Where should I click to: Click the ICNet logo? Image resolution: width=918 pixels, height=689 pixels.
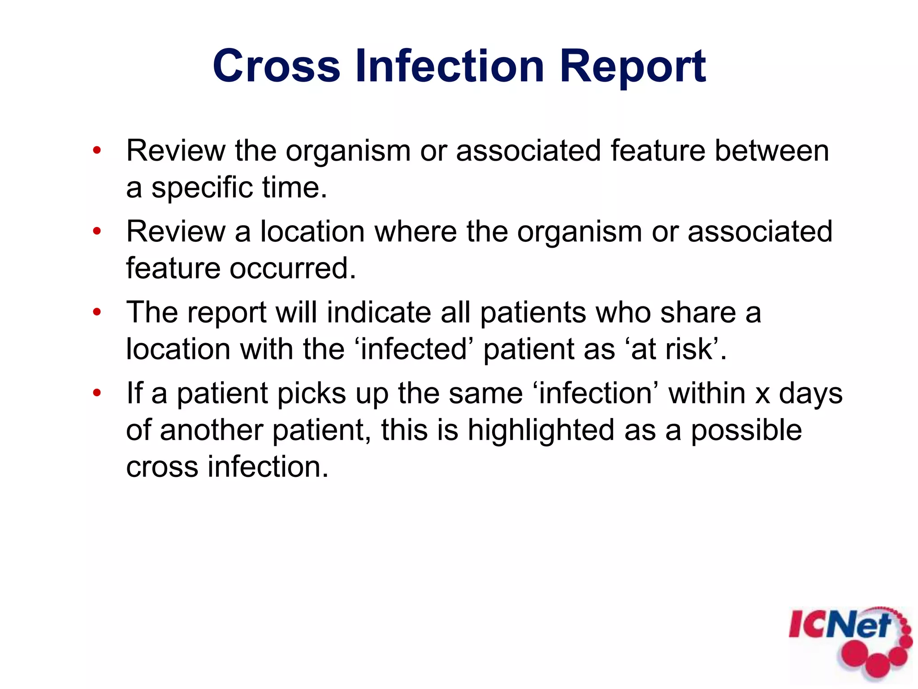(850, 641)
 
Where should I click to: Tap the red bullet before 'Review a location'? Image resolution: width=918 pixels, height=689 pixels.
(97, 231)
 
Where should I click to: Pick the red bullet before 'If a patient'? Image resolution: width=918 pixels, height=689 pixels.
(97, 393)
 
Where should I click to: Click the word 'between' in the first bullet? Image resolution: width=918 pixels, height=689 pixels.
(771, 151)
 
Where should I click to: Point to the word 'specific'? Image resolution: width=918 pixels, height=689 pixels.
(202, 188)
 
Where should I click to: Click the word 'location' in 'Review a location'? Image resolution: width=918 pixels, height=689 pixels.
(312, 231)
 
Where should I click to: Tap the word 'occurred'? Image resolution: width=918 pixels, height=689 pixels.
(292, 268)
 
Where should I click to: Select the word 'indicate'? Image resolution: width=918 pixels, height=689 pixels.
(379, 312)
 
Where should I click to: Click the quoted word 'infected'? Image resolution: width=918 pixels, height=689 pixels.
(415, 349)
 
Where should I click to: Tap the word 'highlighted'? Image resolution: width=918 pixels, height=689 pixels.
(541, 430)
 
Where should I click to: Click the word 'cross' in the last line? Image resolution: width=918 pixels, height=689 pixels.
(162, 467)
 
